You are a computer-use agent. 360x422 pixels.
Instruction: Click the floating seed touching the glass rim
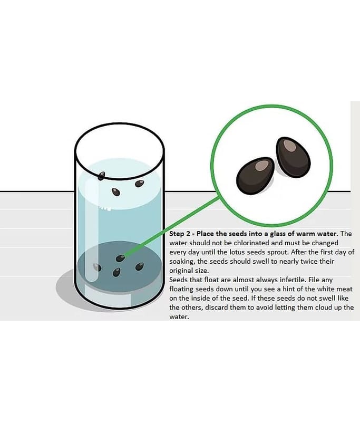(101, 176)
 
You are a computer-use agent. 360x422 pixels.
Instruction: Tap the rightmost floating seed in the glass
(139, 184)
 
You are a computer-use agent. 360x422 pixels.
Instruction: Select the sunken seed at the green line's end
(120, 258)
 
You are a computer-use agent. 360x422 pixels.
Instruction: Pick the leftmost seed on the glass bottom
(97, 267)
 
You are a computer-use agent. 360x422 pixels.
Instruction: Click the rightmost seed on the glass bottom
(139, 266)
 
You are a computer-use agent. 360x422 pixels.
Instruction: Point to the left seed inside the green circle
(255, 176)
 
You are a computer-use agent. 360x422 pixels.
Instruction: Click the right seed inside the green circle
(293, 157)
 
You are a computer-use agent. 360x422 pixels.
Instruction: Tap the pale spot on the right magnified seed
(290, 146)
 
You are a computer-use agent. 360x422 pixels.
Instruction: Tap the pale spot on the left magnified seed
(261, 166)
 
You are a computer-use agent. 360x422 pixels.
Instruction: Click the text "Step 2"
(179, 234)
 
